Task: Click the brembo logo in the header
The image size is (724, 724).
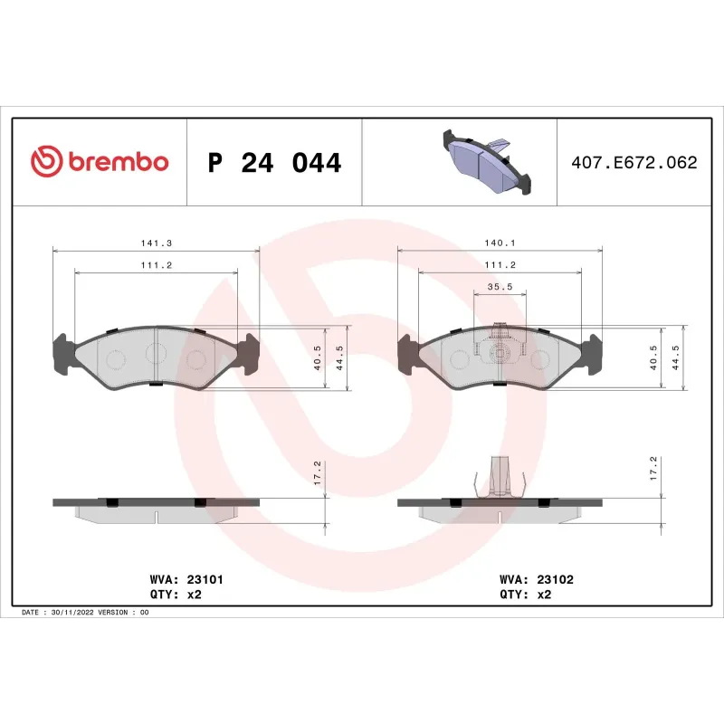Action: (100, 162)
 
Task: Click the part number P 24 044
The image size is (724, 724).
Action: (274, 163)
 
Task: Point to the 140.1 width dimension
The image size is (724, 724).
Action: (499, 243)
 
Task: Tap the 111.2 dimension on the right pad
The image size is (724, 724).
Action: (499, 264)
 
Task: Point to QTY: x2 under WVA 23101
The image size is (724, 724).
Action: (174, 595)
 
